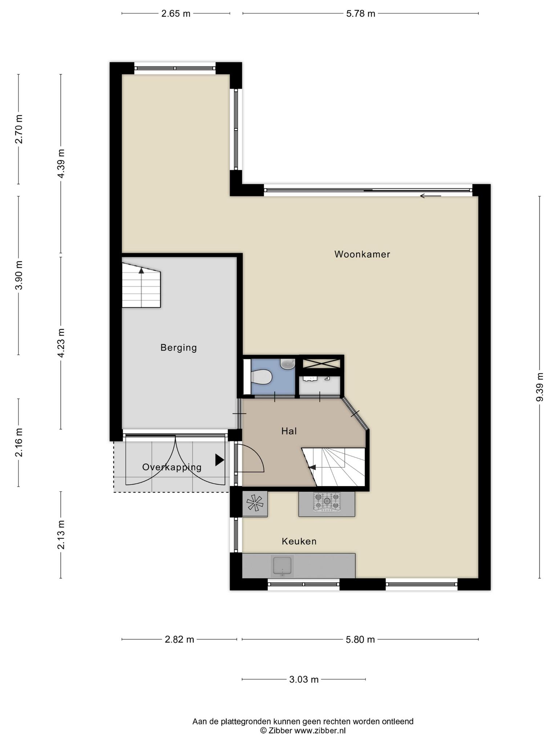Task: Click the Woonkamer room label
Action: coord(362,254)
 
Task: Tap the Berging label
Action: coord(179,348)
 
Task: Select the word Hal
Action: coord(289,431)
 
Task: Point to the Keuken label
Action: coord(299,541)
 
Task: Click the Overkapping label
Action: coord(172,467)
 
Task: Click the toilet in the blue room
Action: coord(262,377)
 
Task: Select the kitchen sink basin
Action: coord(282,565)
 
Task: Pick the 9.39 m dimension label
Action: coord(540,387)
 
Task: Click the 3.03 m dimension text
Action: coord(304,680)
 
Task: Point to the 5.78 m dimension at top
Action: coord(360,14)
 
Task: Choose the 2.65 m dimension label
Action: coord(176,14)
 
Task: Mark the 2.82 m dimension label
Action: coord(179,639)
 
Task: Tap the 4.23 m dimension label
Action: coord(61,343)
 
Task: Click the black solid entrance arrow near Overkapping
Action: coord(219,460)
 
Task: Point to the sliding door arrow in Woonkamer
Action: coord(430,196)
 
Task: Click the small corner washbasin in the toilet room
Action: coord(288,364)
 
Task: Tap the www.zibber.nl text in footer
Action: coord(320,730)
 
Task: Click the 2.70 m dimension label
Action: coord(19,129)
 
